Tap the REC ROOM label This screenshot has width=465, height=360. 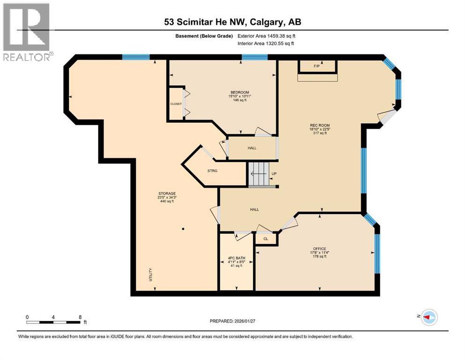(317, 125)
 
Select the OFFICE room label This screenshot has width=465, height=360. (319, 249)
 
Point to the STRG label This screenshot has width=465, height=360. (213, 171)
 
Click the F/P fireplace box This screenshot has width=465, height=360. (317, 67)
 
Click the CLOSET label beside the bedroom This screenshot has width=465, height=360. (176, 104)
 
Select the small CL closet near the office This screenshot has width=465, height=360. (266, 239)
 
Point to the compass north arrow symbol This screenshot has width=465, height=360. (428, 317)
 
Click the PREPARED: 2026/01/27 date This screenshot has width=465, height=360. (233, 321)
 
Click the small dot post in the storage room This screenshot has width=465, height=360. (183, 229)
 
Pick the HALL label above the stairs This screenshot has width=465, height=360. (252, 148)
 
